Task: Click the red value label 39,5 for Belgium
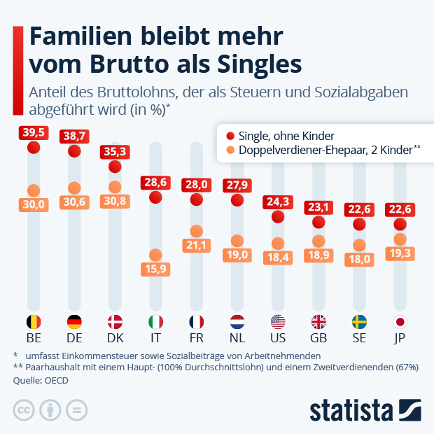coord(33,133)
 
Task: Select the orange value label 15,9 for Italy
coord(155,269)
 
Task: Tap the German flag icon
coord(73,323)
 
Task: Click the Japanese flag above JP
coord(400,323)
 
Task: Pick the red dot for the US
coord(278,217)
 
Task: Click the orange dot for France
coord(197,231)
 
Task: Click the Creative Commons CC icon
coord(24,409)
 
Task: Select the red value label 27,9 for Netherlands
coord(237,185)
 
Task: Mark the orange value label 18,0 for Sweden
coord(360,258)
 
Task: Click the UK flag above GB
coord(318,323)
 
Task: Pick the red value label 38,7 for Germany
coord(74,136)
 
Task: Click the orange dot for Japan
coord(400,239)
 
